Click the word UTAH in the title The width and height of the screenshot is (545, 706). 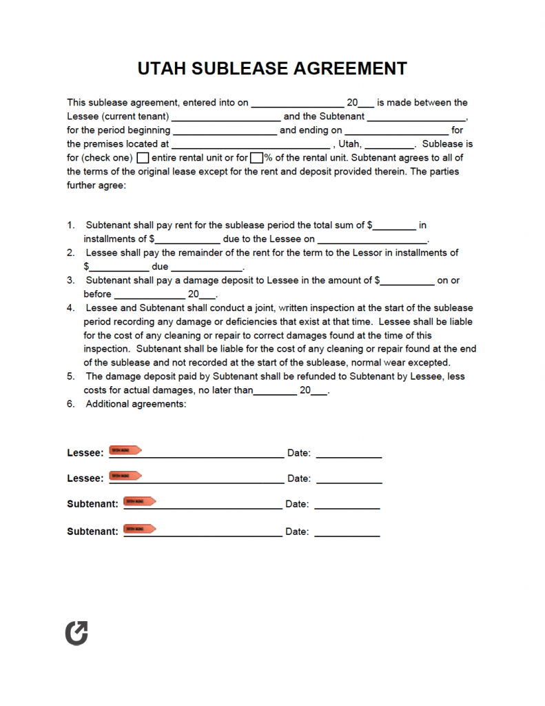(x=163, y=69)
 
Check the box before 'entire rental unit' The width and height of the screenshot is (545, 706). (x=143, y=158)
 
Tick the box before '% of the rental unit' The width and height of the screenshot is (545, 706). (x=256, y=158)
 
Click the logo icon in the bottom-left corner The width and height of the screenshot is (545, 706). (x=76, y=633)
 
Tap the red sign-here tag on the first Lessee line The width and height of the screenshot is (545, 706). (x=126, y=450)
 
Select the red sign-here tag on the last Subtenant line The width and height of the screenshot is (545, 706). (x=140, y=529)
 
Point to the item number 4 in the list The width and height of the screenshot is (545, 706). (x=70, y=308)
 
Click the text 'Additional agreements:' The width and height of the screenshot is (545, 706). (x=136, y=404)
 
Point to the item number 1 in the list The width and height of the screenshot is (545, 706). (x=70, y=225)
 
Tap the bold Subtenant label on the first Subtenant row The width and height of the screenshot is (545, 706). (x=92, y=504)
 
